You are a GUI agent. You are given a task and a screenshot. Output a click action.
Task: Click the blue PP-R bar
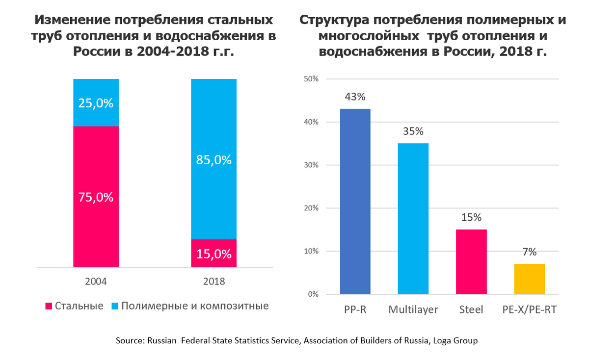pos(355,201)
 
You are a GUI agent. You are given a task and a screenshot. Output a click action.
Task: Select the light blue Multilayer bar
pos(413,218)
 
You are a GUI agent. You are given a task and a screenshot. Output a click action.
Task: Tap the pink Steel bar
pos(471,261)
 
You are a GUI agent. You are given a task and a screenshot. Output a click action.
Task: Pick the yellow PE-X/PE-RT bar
pos(529,279)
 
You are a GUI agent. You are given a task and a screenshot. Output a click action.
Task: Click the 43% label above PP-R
pos(355,97)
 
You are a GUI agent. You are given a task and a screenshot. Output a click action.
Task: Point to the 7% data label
pos(529,252)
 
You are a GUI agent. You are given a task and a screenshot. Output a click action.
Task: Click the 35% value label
pos(413,131)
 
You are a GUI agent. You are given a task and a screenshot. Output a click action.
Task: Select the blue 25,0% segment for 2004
pos(96,103)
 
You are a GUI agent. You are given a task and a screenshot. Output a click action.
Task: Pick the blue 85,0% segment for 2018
pos(214,159)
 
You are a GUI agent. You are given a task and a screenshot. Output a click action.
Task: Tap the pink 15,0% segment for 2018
pos(214,253)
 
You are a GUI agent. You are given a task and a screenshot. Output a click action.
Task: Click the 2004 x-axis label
pos(96,282)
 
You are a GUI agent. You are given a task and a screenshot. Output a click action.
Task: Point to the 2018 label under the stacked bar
pos(214,282)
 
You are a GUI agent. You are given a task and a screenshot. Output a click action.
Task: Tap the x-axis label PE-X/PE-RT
pos(529,310)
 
